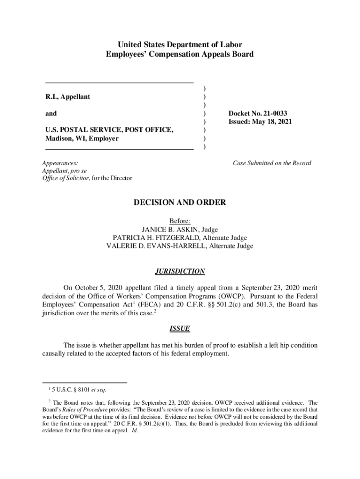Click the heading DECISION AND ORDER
(x=180, y=203)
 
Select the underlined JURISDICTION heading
(x=180, y=271)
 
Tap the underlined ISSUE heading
(x=180, y=328)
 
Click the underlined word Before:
(x=180, y=221)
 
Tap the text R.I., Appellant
(x=67, y=97)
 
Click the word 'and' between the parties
(x=51, y=113)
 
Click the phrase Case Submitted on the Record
(x=272, y=163)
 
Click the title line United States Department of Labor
(x=180, y=45)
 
